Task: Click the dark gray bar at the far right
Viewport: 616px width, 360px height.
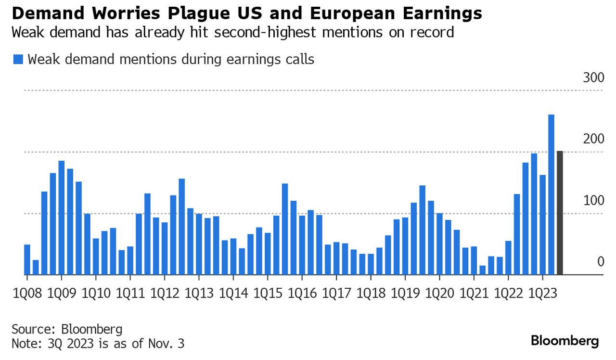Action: click(560, 213)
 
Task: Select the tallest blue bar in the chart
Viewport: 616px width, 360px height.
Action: click(551, 194)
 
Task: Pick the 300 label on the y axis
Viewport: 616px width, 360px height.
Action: click(593, 78)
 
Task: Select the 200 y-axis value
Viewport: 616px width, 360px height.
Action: click(593, 139)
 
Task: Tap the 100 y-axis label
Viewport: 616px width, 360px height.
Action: click(593, 201)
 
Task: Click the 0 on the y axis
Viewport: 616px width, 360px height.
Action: click(600, 262)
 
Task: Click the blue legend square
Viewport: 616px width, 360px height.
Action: click(18, 60)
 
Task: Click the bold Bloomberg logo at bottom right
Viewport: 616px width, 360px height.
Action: click(565, 341)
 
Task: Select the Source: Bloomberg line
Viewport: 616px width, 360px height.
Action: click(67, 330)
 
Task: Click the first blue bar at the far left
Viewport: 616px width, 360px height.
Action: click(27, 259)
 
